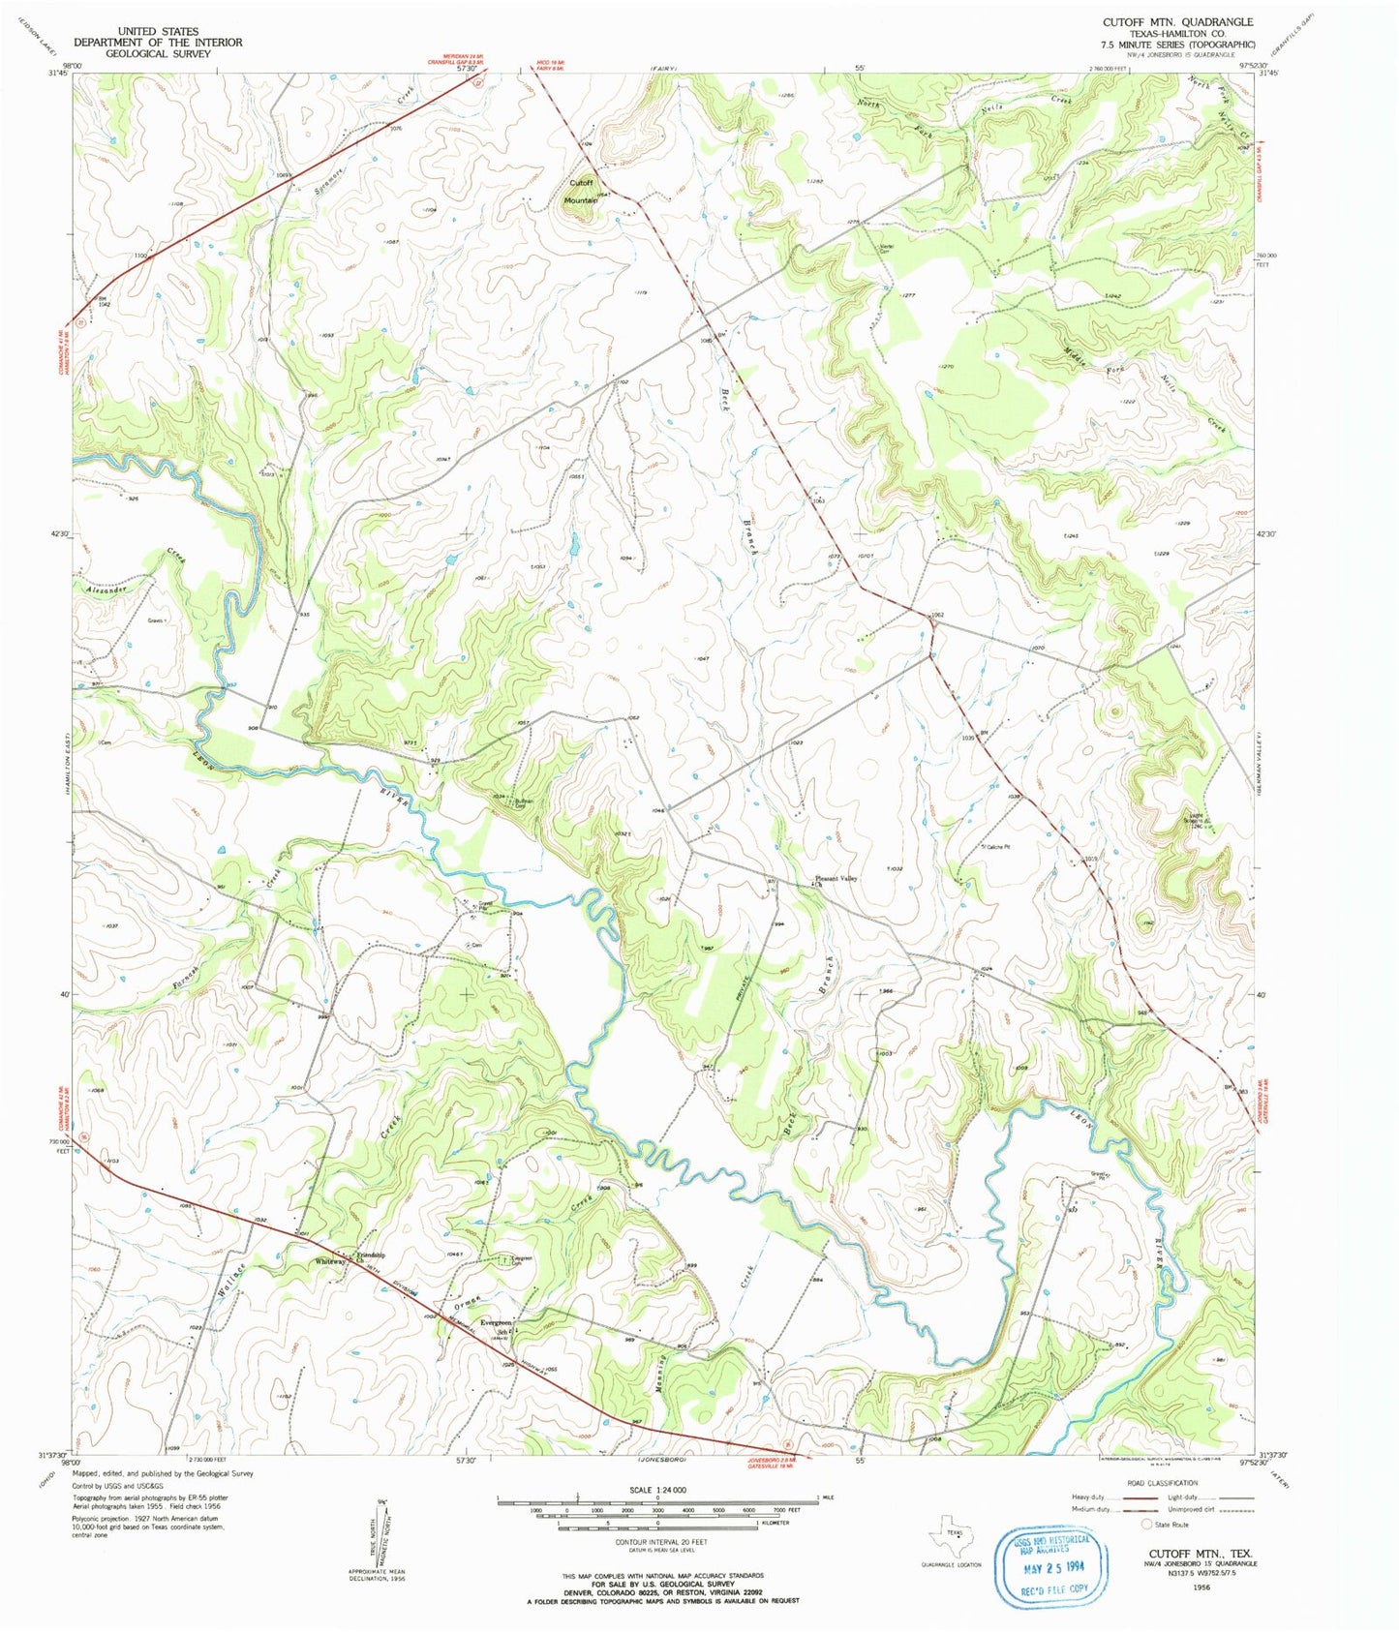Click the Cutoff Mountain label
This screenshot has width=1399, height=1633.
coord(582,191)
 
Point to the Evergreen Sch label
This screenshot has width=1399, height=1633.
coord(497,1326)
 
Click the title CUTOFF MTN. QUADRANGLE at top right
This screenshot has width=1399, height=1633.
coord(1177,21)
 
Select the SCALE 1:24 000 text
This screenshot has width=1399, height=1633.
coord(657,1490)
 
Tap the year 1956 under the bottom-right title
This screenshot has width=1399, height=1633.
coord(1201,1587)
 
